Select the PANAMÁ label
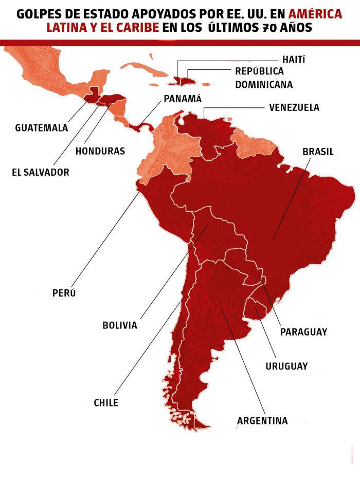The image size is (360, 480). point(183,99)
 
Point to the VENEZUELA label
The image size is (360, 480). point(294,107)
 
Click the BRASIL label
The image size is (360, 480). point(318,152)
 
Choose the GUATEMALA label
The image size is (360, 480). point(42,127)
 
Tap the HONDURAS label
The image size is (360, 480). point(100,151)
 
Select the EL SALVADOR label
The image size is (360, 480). point(40,173)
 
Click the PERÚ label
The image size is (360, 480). point(64,293)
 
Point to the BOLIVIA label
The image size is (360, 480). point(120,325)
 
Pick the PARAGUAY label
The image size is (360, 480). point(303,332)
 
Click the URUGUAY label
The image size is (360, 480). point(286,366)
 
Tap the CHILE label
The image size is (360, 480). point(106,403)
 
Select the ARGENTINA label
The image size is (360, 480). point(262,421)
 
